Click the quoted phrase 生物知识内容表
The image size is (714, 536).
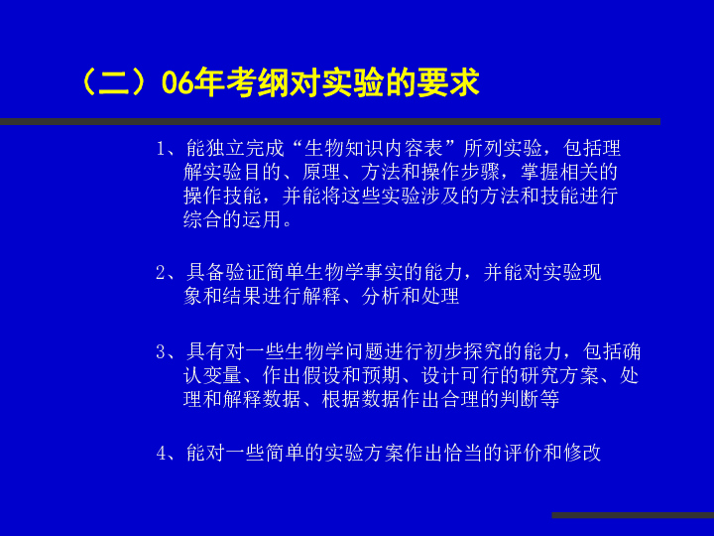point(374,149)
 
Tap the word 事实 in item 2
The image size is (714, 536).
point(384,273)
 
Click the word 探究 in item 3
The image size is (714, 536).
point(483,351)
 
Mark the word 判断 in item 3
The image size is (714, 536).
point(520,399)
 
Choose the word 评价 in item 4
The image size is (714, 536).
point(524,453)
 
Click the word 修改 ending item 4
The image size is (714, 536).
point(582,453)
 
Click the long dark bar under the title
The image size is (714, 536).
point(330,122)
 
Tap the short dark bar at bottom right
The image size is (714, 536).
point(633,515)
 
